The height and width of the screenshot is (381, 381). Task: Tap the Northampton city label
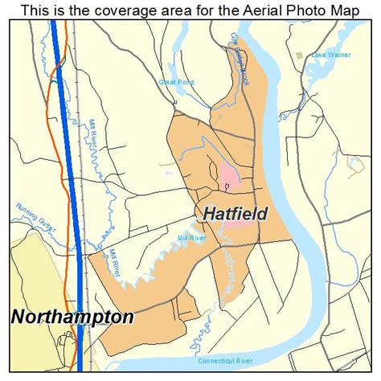click(x=72, y=316)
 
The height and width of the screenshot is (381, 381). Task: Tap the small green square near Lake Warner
click(x=300, y=55)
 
